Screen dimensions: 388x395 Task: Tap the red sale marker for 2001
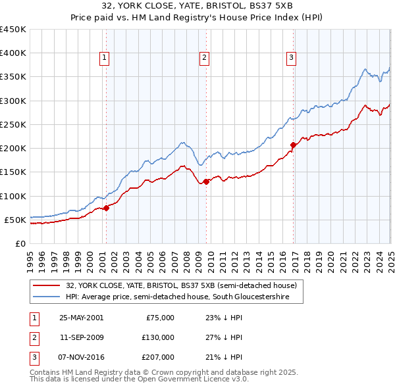click(x=106, y=208)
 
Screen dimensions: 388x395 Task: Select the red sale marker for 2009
click(x=206, y=182)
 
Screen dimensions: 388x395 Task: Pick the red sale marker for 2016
click(x=292, y=145)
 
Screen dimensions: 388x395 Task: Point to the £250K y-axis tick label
click(x=13, y=124)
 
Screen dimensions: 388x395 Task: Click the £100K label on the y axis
click(x=13, y=196)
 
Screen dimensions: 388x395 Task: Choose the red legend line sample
click(x=47, y=286)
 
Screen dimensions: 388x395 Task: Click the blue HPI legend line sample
click(x=47, y=297)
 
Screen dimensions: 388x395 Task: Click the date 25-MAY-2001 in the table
click(x=81, y=318)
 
